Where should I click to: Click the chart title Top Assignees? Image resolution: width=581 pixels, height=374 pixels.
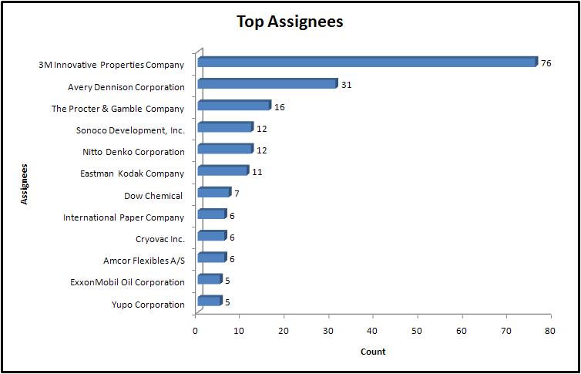(x=290, y=22)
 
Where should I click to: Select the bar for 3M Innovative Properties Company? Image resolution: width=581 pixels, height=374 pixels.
(x=367, y=62)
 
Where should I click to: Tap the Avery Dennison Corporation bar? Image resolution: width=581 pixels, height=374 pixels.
(x=267, y=84)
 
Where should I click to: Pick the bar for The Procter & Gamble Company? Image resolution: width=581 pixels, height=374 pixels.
(x=234, y=106)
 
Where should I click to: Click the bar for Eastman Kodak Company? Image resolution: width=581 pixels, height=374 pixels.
(x=223, y=170)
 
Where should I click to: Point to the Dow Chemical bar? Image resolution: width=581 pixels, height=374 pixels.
(x=214, y=192)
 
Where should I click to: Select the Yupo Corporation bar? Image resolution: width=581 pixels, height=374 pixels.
(x=210, y=301)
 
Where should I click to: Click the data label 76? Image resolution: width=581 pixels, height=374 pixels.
(x=546, y=63)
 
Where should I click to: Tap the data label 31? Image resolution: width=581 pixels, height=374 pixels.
(x=346, y=85)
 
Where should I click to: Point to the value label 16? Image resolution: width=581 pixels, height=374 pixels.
(x=279, y=107)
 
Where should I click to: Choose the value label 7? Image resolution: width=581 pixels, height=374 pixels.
(x=237, y=194)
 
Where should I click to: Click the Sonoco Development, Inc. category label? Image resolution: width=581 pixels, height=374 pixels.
(x=131, y=130)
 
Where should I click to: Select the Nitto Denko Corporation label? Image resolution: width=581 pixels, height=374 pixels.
(x=133, y=152)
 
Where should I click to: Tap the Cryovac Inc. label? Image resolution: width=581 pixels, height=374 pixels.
(x=160, y=239)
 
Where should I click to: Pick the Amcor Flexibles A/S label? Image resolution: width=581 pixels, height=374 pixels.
(x=144, y=261)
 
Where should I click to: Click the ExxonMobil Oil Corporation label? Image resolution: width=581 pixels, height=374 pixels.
(x=127, y=282)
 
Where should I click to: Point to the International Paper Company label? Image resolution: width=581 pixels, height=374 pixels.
(x=124, y=217)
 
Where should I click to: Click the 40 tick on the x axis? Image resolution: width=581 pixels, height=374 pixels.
(x=373, y=330)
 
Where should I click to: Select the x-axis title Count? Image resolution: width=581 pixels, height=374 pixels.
(x=373, y=352)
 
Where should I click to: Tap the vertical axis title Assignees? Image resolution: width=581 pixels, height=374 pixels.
(x=25, y=183)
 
